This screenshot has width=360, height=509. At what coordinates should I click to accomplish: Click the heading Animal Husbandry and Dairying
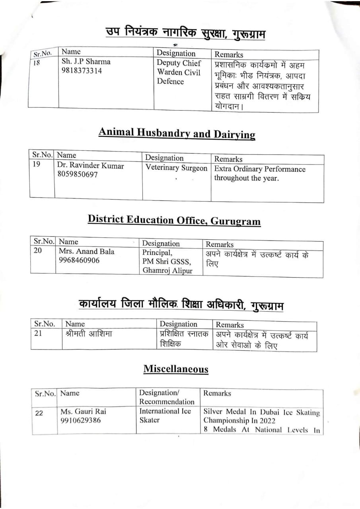click(x=177, y=133)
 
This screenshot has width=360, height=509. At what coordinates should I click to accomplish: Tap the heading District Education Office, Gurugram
click(x=174, y=220)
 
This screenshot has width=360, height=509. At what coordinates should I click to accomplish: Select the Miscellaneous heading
click(x=176, y=369)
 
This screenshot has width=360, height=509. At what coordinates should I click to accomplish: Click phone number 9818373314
click(x=82, y=71)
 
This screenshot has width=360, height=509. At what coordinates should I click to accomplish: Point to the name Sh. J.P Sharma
click(x=86, y=62)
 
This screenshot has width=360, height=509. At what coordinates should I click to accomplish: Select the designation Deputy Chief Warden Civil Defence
click(x=179, y=72)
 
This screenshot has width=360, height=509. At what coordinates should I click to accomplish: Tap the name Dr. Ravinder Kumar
click(x=90, y=165)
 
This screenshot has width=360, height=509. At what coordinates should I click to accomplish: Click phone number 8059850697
click(x=78, y=175)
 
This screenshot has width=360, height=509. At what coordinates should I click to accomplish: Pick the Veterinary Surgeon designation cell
click(x=176, y=168)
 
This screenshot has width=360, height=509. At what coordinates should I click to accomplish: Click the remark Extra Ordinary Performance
click(x=260, y=169)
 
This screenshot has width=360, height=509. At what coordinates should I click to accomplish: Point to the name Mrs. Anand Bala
click(x=86, y=251)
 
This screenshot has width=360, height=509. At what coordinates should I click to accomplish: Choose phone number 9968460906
click(x=79, y=260)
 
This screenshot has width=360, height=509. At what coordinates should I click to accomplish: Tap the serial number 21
click(x=38, y=333)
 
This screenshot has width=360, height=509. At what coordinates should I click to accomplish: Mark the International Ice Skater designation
click(x=165, y=415)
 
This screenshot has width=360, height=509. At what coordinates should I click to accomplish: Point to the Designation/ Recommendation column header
click(x=167, y=397)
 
